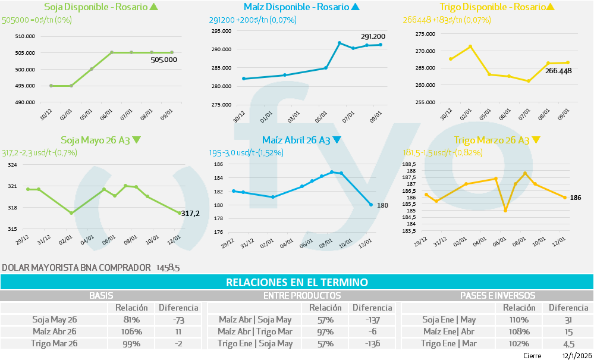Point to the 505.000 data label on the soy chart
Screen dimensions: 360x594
pyautogui.click(x=164, y=60)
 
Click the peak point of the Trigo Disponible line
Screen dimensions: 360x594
pyautogui.click(x=470, y=46)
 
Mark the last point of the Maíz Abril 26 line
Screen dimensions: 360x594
pyautogui.click(x=371, y=205)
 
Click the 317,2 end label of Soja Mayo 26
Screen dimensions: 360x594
pyautogui.click(x=190, y=213)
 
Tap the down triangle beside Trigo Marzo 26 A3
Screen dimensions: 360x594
pyautogui.click(x=536, y=140)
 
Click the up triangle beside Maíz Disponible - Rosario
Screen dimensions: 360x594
pyautogui.click(x=356, y=7)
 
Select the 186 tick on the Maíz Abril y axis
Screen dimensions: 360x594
pyautogui.click(x=218, y=164)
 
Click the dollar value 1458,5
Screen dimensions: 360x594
pyautogui.click(x=168, y=268)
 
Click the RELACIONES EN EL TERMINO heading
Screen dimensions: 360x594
pyautogui.click(x=297, y=282)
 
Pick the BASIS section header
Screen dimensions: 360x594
pyautogui.click(x=101, y=295)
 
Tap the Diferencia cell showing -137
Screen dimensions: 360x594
pyautogui.click(x=372, y=320)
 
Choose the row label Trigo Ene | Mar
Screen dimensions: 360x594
pyautogui.click(x=449, y=343)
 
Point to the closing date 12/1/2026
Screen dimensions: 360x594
pyautogui.click(x=577, y=355)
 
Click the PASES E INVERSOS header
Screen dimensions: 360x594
pyautogui.click(x=497, y=295)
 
